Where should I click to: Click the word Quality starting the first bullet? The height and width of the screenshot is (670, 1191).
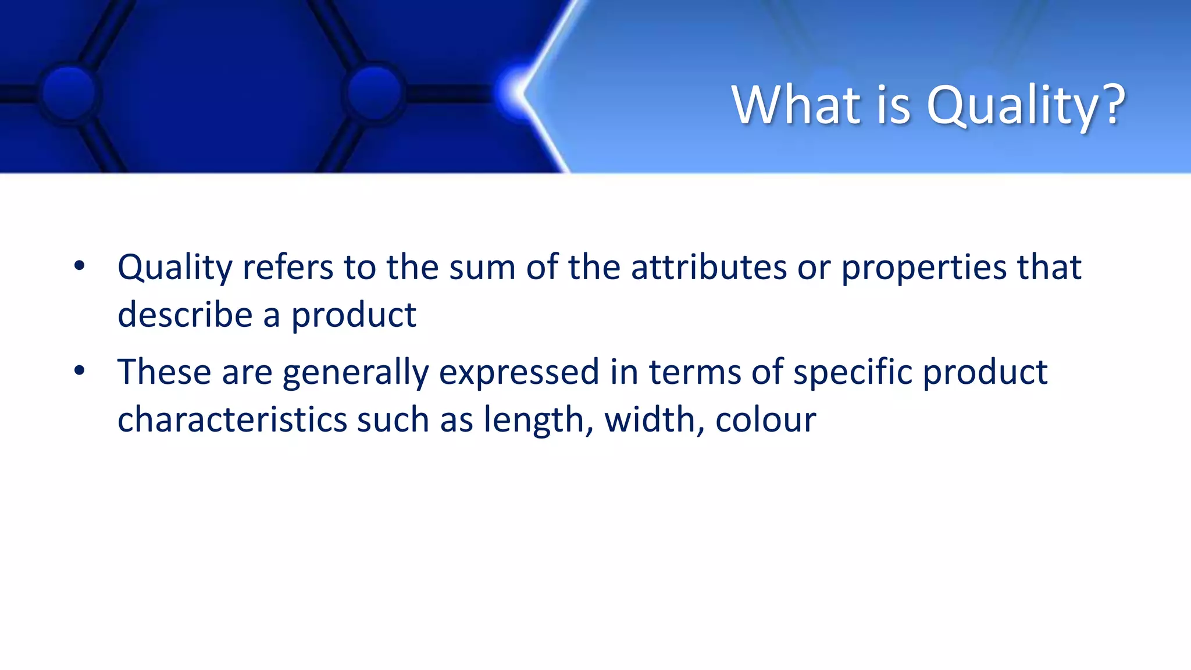point(175,269)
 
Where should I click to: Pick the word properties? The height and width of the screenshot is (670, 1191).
point(923,269)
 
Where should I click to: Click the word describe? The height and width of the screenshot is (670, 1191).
point(185,315)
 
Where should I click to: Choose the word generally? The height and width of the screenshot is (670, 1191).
point(355,373)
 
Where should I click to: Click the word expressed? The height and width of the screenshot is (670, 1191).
point(519,373)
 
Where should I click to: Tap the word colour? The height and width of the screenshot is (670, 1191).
point(765,420)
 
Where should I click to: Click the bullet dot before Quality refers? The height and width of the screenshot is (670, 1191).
point(80,266)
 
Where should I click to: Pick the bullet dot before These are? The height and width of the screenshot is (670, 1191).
point(80,370)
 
